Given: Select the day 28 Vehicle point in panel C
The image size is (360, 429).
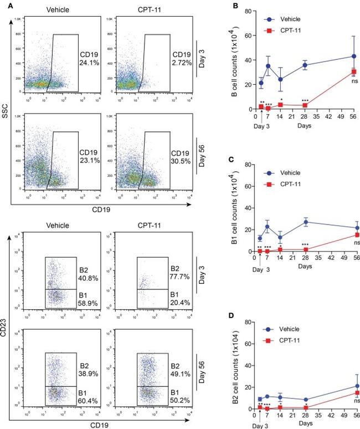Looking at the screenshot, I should [305, 222].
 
